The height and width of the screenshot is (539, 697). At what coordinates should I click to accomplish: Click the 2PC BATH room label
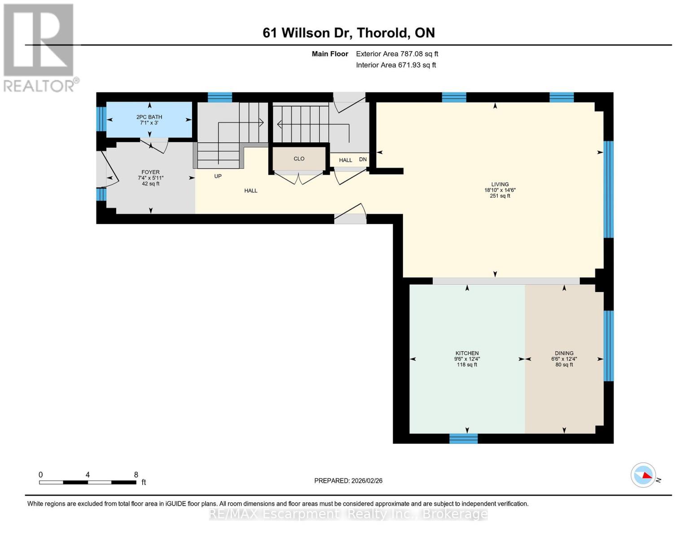point(149,117)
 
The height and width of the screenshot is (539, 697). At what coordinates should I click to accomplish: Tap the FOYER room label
point(150,172)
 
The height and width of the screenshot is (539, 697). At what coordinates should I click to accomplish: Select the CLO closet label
point(299,159)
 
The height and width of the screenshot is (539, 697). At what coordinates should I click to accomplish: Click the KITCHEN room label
point(467,353)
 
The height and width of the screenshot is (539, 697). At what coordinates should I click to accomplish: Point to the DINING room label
point(564,353)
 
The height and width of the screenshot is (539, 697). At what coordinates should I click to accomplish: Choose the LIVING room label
point(500,184)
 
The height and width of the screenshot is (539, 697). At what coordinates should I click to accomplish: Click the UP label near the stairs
point(218,176)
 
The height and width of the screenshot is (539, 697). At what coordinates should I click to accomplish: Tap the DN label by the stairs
point(363,159)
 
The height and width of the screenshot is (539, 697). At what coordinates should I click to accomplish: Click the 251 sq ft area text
point(500,196)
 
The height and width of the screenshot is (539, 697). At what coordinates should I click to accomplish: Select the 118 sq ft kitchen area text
point(467,365)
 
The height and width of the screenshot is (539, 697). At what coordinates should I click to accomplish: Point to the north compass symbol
point(644,475)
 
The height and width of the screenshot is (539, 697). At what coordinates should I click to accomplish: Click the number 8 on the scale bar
point(136,475)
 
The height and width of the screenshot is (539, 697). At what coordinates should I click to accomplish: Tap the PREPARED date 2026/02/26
point(348,481)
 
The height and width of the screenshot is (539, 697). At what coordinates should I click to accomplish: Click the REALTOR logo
point(39,47)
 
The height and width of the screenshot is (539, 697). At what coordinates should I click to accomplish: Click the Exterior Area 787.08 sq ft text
point(397,54)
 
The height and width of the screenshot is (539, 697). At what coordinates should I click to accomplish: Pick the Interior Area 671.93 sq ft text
point(396,65)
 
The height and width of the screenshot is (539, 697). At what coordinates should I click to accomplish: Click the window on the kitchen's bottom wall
point(464,438)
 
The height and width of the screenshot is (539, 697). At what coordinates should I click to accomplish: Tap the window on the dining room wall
point(608,346)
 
